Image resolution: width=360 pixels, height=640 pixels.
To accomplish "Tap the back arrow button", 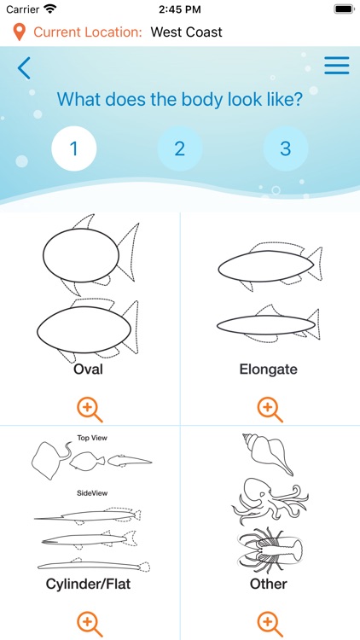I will [x=24, y=67].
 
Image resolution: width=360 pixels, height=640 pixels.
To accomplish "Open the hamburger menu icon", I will [x=337, y=66].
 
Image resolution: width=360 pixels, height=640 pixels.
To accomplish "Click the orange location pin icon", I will [x=19, y=32].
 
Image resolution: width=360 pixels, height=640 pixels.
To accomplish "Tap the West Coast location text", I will [x=186, y=32].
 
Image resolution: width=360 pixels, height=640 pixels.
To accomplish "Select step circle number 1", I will [x=73, y=148].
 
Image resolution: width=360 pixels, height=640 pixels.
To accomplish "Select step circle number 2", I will [x=179, y=148].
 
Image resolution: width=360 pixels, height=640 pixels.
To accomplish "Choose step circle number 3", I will [x=285, y=148].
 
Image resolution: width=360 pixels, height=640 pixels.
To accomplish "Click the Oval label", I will [x=89, y=369].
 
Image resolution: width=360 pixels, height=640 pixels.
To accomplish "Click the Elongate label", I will [x=269, y=369].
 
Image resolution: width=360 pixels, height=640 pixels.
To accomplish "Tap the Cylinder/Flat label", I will [x=89, y=585].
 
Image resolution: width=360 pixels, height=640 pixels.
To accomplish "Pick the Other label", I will [x=269, y=585].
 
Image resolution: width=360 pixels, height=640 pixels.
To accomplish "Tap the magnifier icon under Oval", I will [x=89, y=409].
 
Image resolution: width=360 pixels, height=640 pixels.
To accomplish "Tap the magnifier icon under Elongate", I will [x=269, y=409].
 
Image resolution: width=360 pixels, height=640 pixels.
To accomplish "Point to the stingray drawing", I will [x=49, y=458].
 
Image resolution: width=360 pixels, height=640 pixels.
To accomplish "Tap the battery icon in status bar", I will [x=343, y=9].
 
